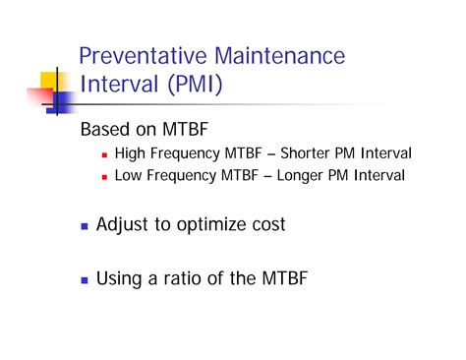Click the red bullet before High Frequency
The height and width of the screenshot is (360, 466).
point(103,155)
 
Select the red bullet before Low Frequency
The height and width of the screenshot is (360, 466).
point(103,178)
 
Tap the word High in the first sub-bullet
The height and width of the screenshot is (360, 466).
point(130,154)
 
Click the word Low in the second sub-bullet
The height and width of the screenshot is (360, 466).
point(129,177)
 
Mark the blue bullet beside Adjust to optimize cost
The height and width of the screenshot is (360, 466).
point(84,227)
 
